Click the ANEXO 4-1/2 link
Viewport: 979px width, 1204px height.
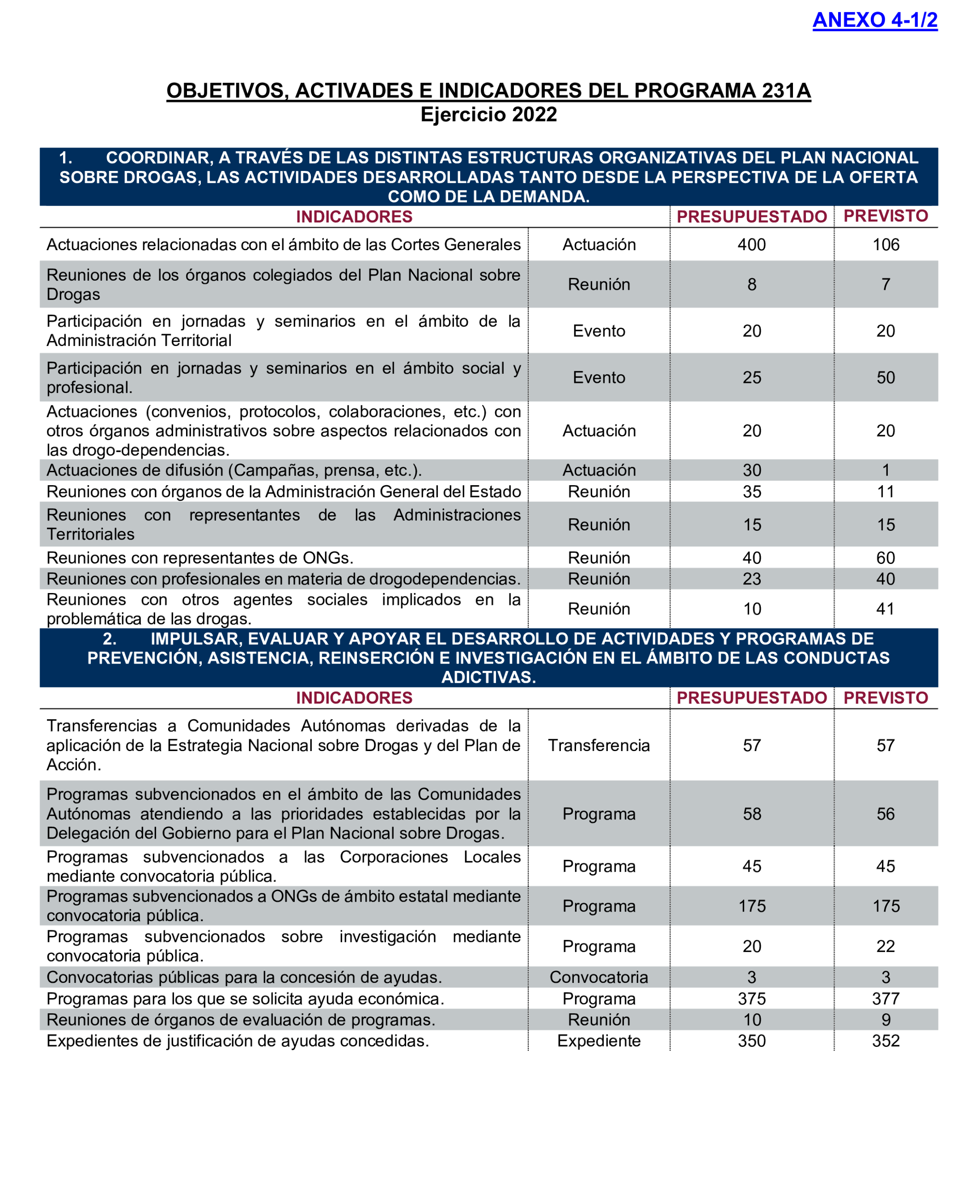coord(874,20)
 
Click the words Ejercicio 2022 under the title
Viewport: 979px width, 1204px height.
coord(489,115)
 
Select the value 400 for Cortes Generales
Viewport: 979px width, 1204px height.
coord(751,245)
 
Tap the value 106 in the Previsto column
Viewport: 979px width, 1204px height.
coord(886,245)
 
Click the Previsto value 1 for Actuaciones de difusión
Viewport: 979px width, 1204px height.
coord(886,470)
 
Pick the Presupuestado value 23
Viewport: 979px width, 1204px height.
coord(751,579)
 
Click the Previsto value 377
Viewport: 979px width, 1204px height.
coord(886,998)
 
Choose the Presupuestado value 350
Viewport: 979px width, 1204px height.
coord(751,1041)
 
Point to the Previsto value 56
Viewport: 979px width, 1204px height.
coord(886,814)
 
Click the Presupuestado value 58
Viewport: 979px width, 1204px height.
coord(751,814)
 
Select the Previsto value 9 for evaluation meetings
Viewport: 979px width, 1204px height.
coord(886,1020)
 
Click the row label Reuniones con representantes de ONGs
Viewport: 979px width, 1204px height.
coord(200,558)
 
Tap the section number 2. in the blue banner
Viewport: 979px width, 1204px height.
coord(110,639)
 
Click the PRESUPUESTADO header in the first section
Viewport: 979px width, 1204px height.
coord(751,217)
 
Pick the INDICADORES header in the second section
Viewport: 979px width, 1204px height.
coord(354,698)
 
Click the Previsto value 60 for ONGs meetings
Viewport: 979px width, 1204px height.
coord(886,558)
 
